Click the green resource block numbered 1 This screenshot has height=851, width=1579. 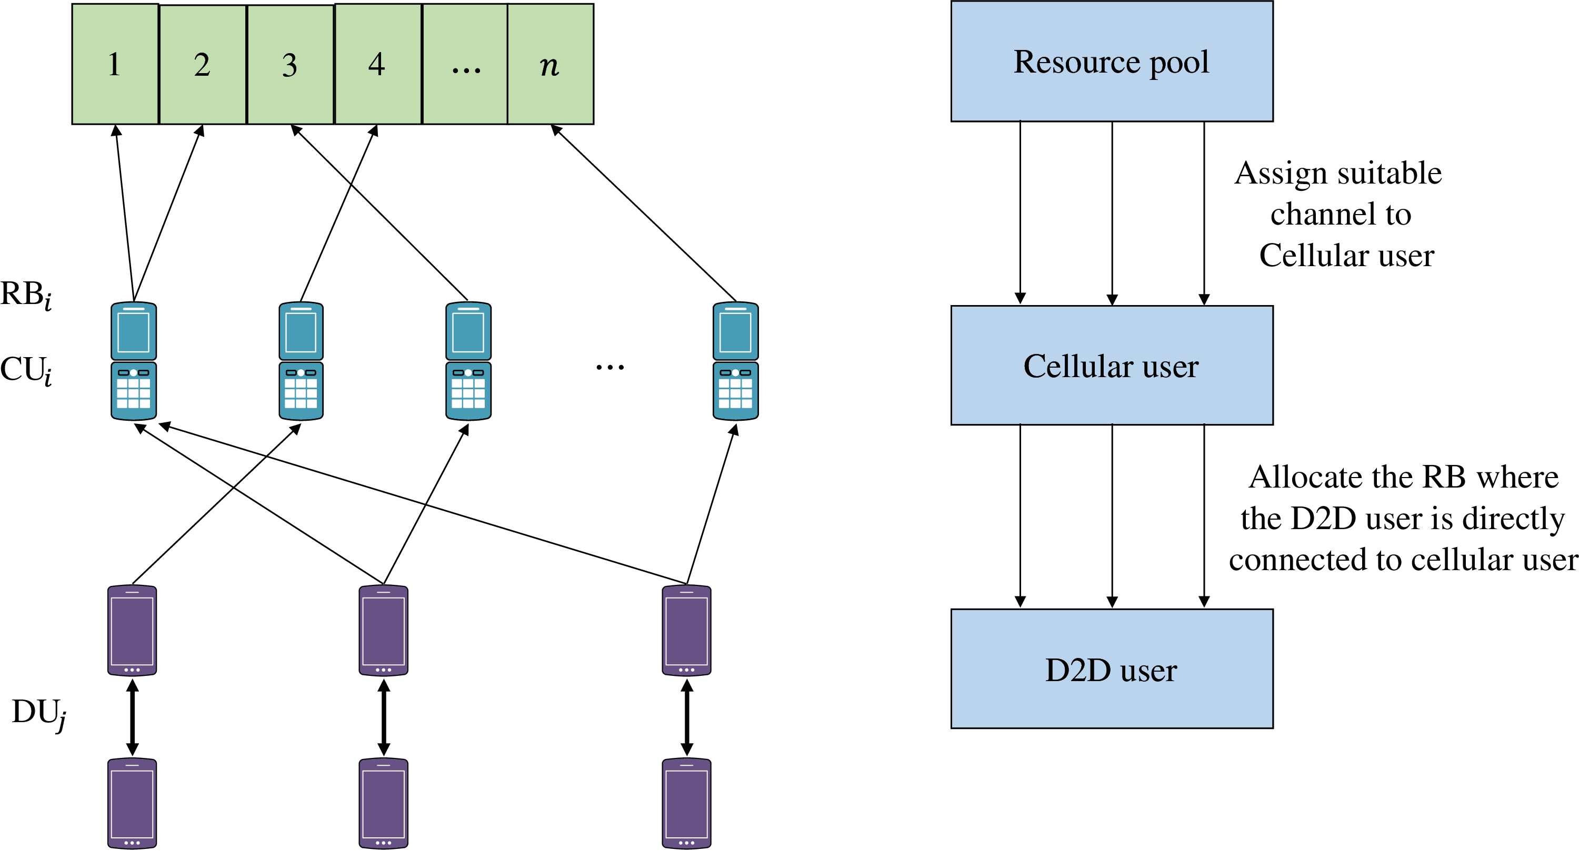click(115, 64)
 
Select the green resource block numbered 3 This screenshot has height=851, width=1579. click(291, 64)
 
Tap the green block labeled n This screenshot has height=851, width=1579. click(551, 64)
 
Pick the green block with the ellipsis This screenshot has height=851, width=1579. click(465, 64)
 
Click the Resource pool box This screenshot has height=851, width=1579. click(1111, 61)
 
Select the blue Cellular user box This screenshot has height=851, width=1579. click(1111, 366)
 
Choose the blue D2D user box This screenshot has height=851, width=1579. click(1111, 669)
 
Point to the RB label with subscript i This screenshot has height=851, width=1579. click(26, 295)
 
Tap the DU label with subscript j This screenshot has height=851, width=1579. click(38, 713)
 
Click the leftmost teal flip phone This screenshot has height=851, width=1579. click(134, 361)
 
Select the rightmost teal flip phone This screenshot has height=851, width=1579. click(736, 361)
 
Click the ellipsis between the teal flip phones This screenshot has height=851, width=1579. click(610, 368)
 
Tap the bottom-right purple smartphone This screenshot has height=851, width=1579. click(686, 803)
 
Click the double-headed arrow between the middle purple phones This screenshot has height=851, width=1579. click(384, 717)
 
